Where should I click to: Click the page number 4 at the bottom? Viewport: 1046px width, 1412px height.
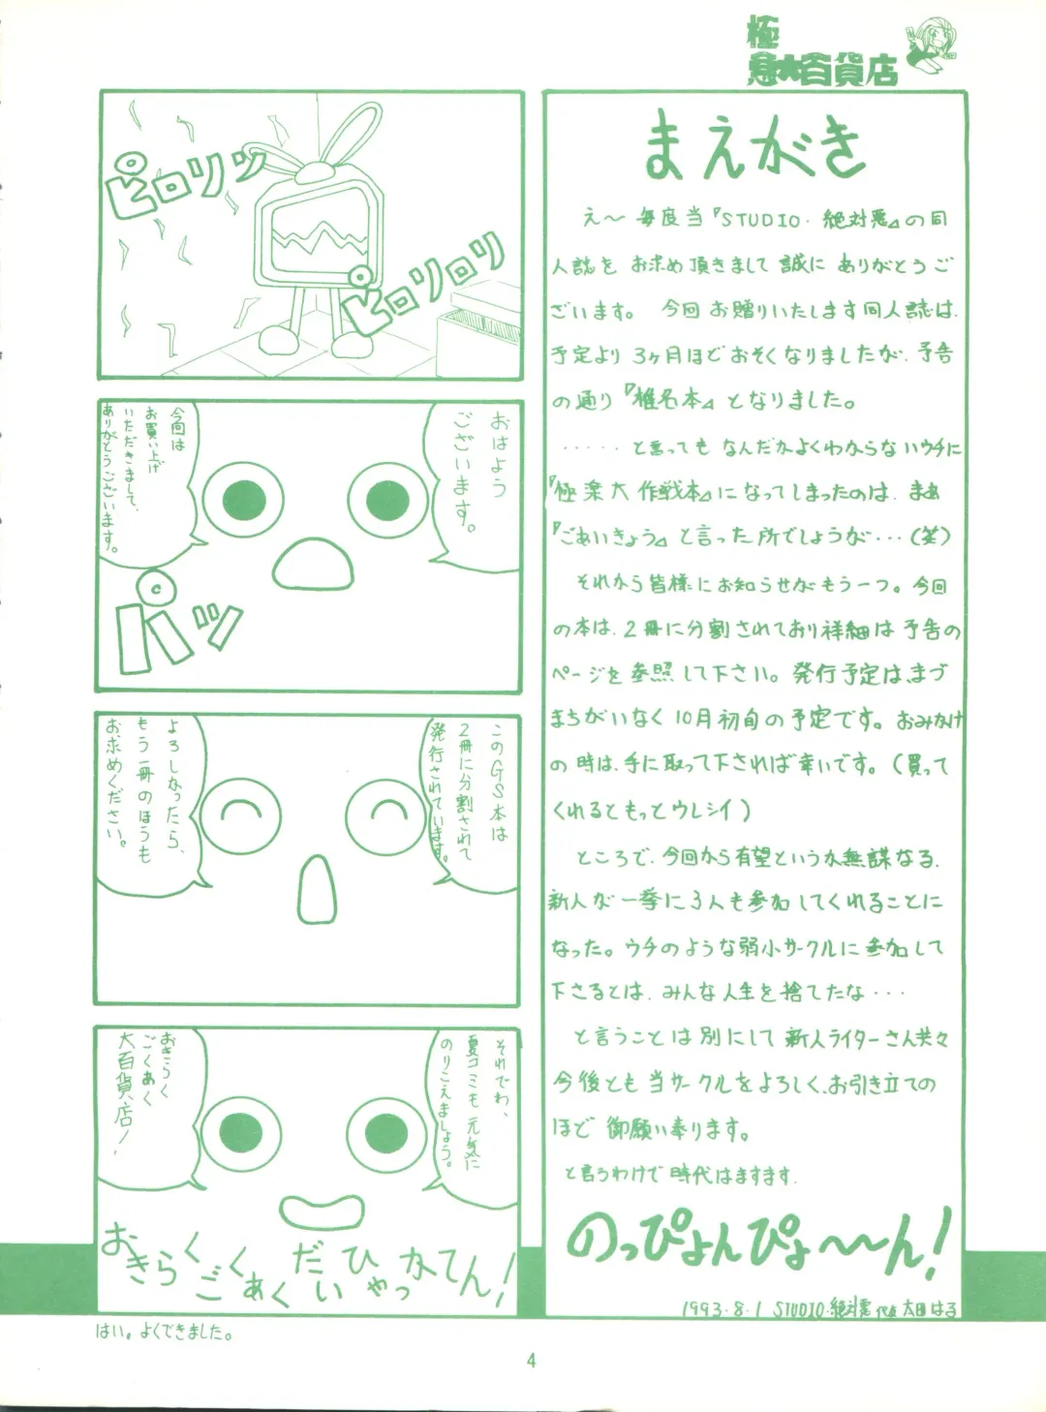coord(531,1360)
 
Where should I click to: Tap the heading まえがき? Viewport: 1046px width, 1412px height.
coord(754,146)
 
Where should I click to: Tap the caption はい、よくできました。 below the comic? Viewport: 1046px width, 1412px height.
coord(164,1333)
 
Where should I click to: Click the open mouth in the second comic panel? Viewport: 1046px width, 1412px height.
coord(313,562)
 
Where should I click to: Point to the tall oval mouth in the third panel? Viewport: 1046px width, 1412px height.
coord(316,889)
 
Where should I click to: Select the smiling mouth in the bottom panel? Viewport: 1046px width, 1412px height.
coord(323,1211)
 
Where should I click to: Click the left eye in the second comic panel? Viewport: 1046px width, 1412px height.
coord(243,500)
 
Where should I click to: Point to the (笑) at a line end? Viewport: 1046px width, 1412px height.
coord(930,536)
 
